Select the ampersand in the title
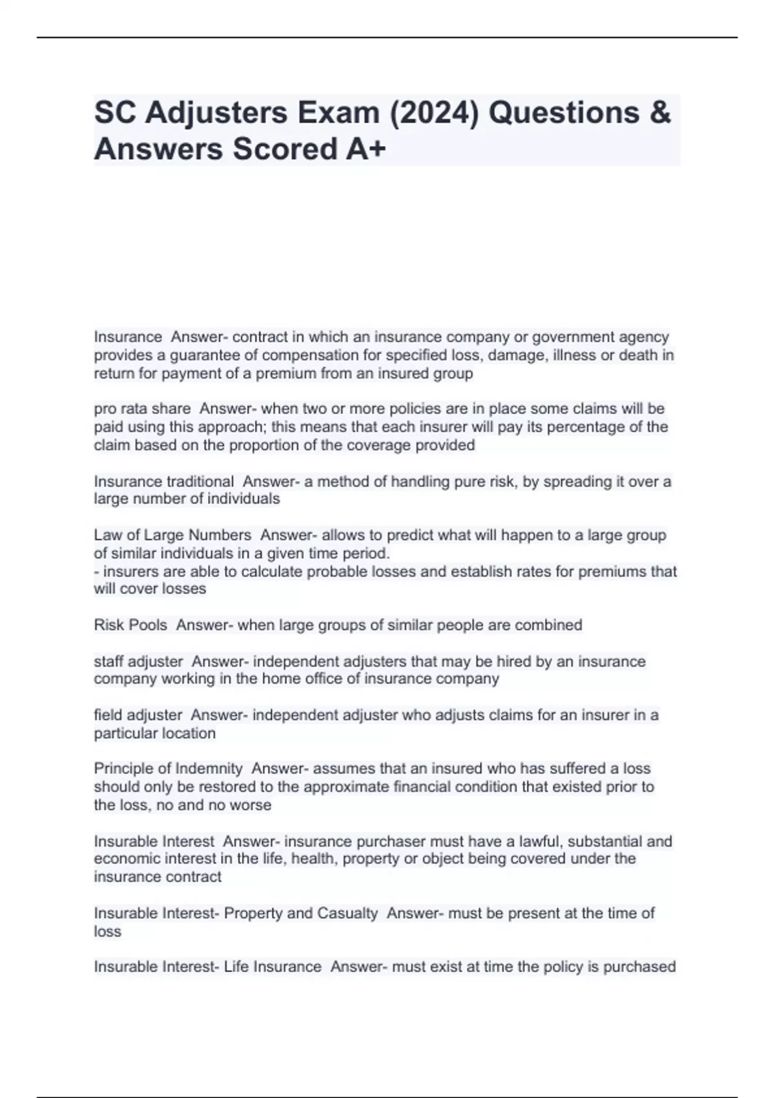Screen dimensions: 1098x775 click(658, 112)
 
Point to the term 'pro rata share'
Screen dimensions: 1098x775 click(142, 409)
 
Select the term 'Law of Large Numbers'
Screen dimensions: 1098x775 click(172, 535)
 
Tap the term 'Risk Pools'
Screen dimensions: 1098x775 click(130, 625)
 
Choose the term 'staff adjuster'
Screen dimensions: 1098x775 click(138, 661)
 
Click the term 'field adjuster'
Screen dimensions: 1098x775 click(138, 715)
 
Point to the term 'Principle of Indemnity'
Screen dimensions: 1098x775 click(168, 769)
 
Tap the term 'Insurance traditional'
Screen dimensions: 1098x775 click(164, 481)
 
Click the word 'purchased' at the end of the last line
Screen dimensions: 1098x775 click(639, 967)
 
